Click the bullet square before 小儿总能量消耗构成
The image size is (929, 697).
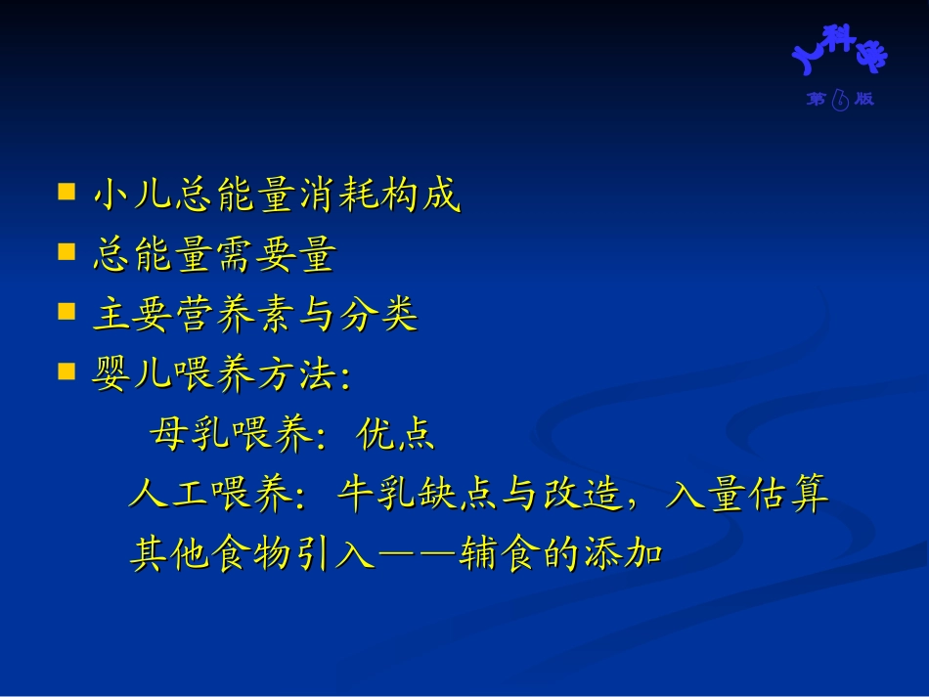pyautogui.click(x=66, y=192)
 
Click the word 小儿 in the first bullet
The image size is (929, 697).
pyautogui.click(x=133, y=196)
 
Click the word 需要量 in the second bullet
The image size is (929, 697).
pyautogui.click(x=276, y=256)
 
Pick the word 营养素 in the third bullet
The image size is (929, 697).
pyautogui.click(x=235, y=316)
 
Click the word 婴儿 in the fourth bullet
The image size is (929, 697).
pyautogui.click(x=133, y=375)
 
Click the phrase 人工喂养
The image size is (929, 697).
pyautogui.click(x=209, y=495)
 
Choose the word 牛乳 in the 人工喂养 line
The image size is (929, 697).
pyautogui.click(x=376, y=495)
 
